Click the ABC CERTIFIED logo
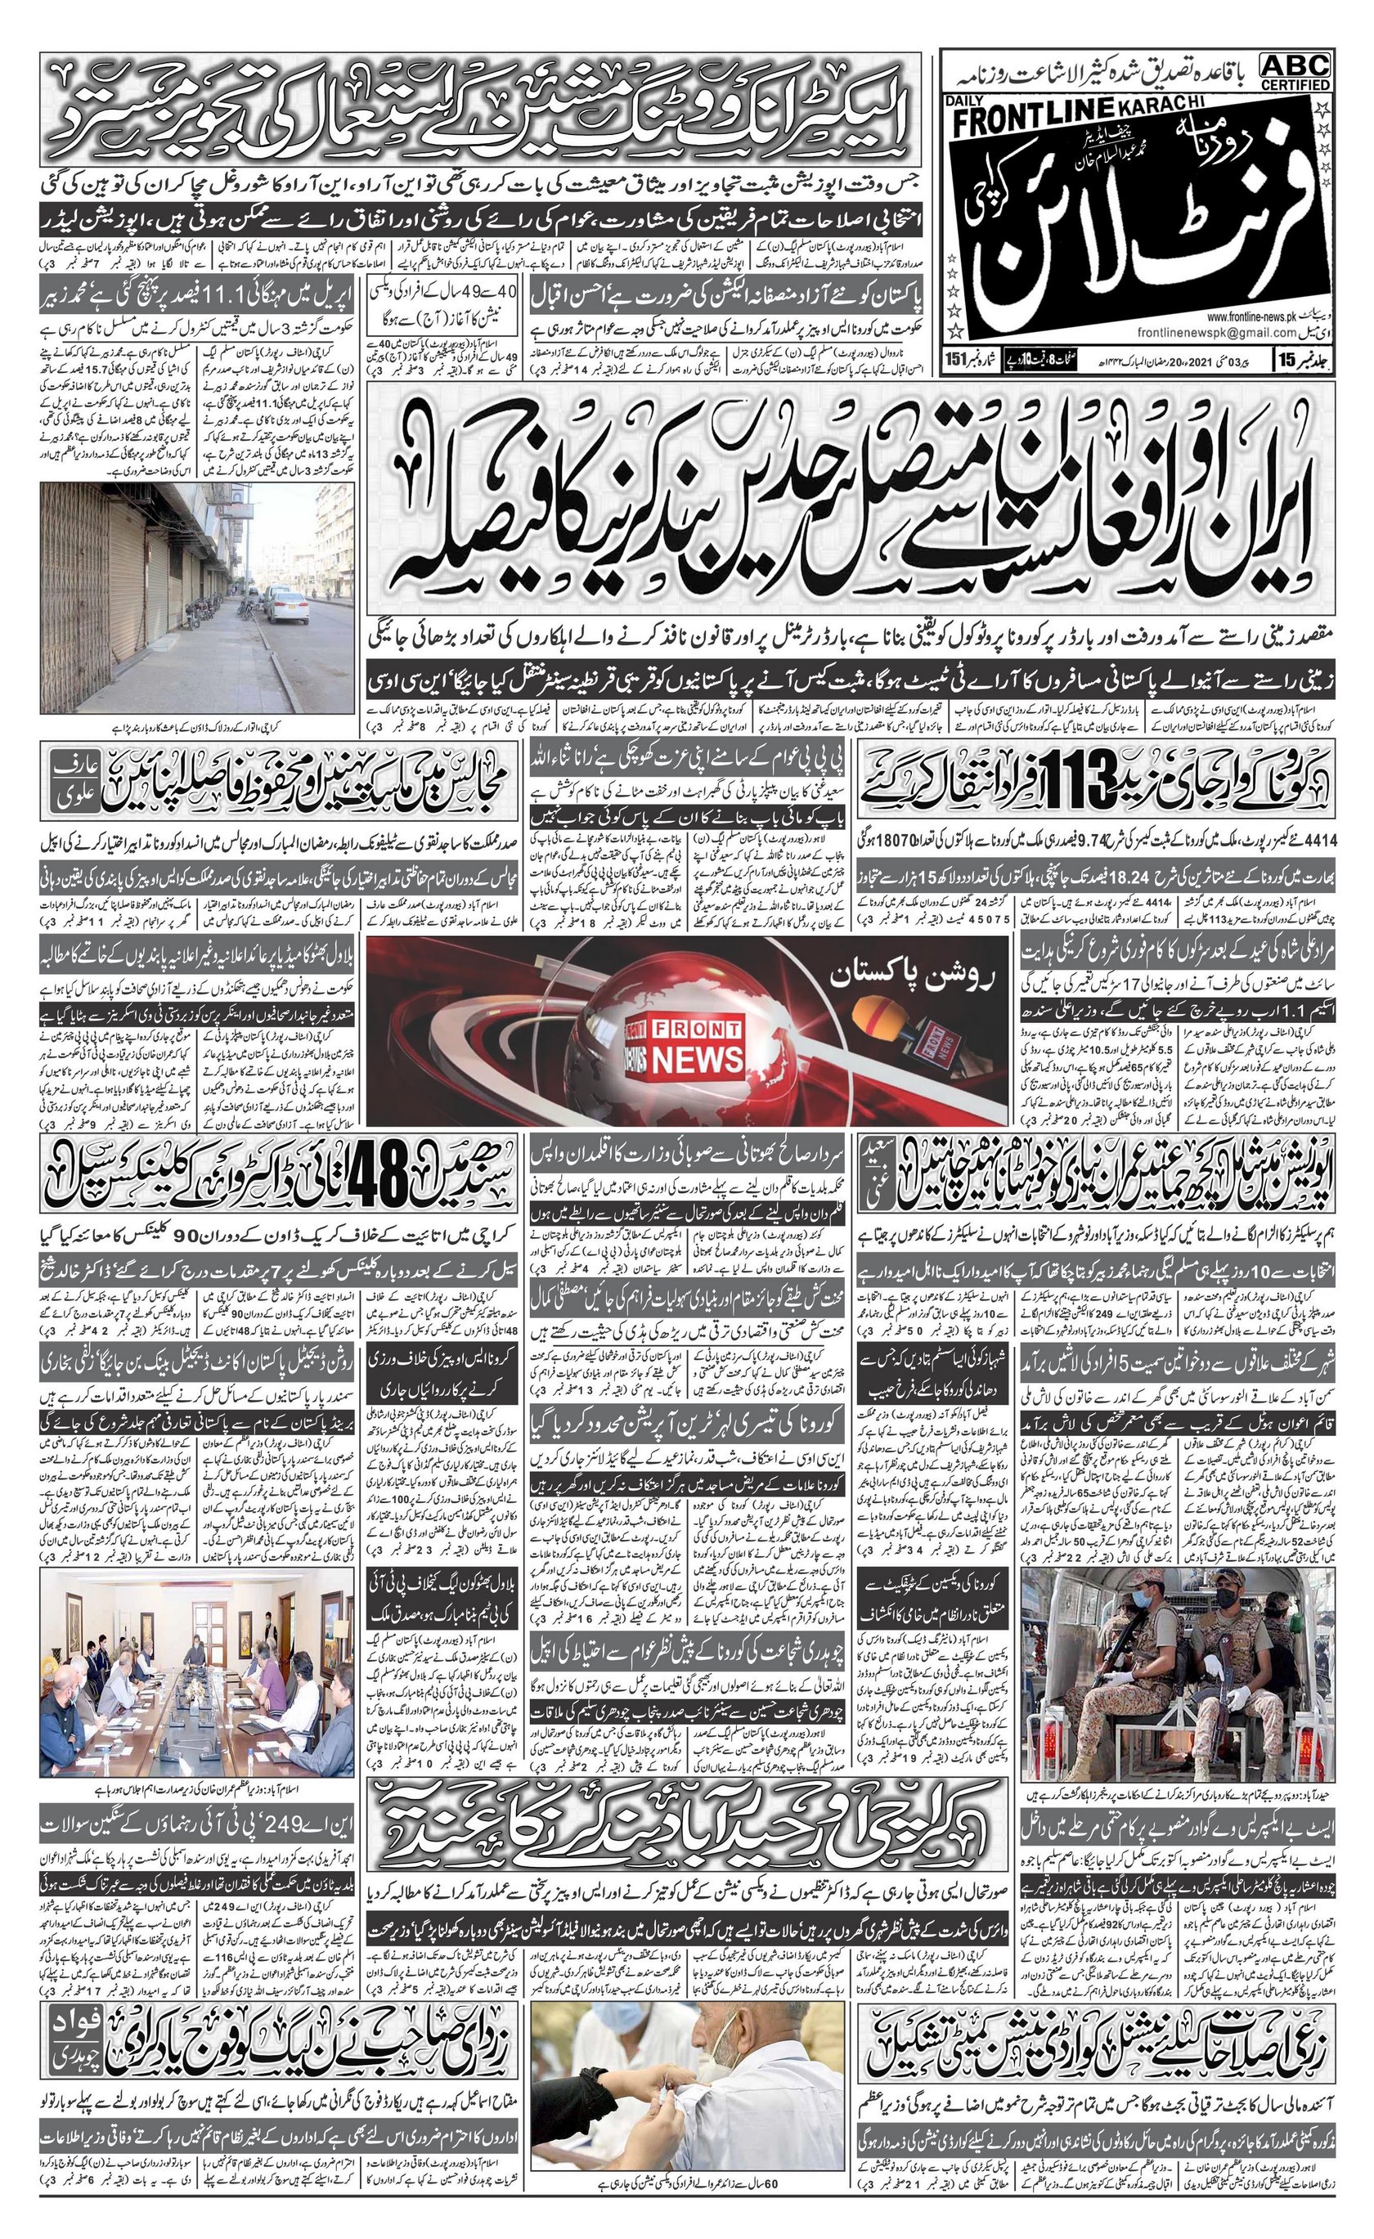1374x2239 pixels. coord(1295,71)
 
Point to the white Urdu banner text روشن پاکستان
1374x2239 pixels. coord(926,977)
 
